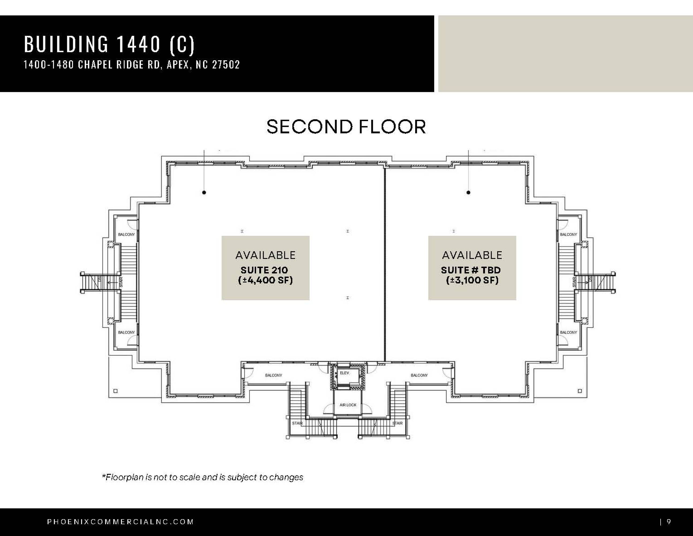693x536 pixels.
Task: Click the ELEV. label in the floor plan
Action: tap(344, 373)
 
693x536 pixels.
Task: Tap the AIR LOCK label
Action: tap(348, 405)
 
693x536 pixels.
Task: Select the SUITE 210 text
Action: tap(264, 270)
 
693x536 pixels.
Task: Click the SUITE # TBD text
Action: tap(471, 270)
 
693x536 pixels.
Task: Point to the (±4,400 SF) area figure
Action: tap(265, 280)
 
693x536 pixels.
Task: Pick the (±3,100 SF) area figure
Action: tap(472, 280)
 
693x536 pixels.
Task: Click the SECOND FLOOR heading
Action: tap(346, 127)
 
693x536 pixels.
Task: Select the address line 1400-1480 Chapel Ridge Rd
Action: tap(132, 65)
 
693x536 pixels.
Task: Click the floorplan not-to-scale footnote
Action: tap(203, 477)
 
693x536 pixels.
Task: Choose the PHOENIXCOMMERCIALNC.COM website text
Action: tap(120, 522)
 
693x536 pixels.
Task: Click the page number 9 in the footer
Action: tap(669, 522)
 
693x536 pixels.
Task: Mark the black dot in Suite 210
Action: tap(204, 192)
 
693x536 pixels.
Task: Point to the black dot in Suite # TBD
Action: tap(468, 192)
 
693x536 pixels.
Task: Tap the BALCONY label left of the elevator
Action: tap(274, 375)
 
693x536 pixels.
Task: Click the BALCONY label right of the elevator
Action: tap(419, 375)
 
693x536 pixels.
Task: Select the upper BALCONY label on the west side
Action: tap(126, 234)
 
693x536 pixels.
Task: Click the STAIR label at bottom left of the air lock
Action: tap(297, 423)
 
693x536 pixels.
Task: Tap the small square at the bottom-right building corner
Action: tap(580, 391)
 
